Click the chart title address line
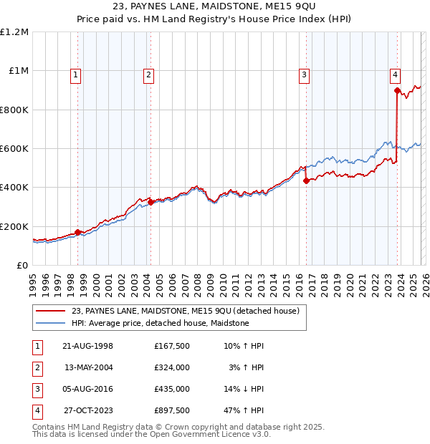pos(215,6)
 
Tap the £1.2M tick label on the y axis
pos(14,32)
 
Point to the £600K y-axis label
pos(14,149)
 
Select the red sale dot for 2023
pos(396,90)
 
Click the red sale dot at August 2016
pos(306,180)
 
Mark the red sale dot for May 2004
pos(150,202)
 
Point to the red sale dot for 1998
pos(77,233)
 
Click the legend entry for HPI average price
pos(160,323)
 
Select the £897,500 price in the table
pos(171,410)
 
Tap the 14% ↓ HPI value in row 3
pos(243,389)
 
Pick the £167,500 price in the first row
pos(171,346)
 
